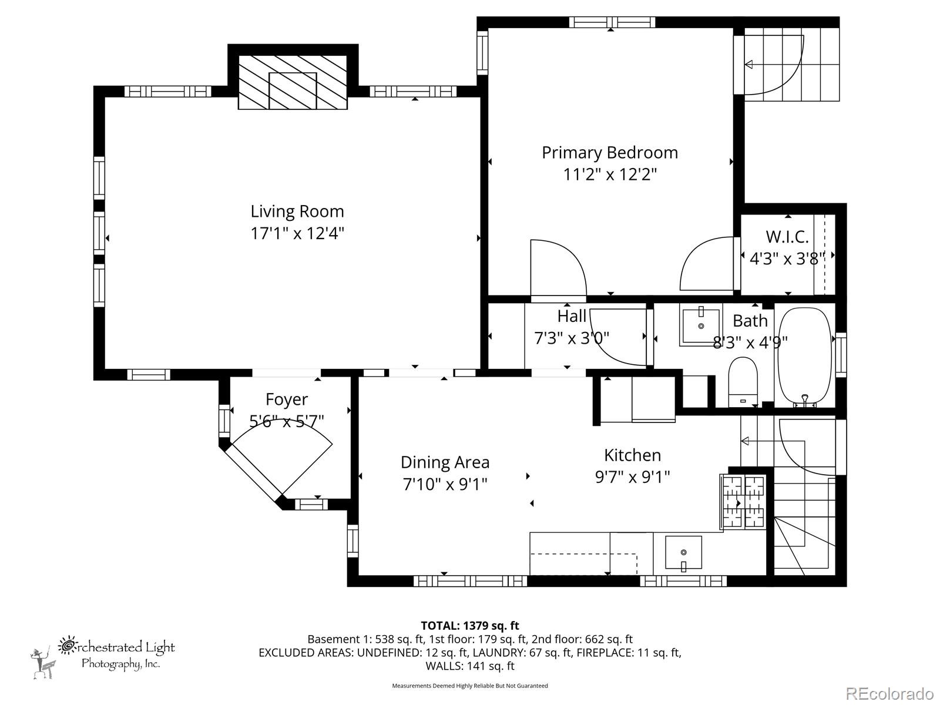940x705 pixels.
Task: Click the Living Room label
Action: (297, 211)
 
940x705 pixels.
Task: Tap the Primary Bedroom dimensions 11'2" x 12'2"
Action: (609, 174)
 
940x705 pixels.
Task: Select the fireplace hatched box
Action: (293, 82)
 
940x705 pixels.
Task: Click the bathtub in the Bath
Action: (804, 354)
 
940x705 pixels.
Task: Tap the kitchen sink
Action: (683, 552)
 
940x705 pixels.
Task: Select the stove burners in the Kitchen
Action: (743, 502)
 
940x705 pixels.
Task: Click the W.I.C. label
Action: (787, 237)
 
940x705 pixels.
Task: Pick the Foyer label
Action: (286, 399)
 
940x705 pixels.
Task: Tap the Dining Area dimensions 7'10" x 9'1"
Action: (445, 485)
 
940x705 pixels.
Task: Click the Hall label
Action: (572, 316)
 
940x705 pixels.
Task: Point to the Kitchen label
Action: (632, 455)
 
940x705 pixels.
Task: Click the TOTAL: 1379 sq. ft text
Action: (469, 626)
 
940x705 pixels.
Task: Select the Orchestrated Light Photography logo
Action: (103, 654)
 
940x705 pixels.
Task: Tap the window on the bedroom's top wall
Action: (611, 22)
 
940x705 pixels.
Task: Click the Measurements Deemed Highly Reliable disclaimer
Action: (469, 686)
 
